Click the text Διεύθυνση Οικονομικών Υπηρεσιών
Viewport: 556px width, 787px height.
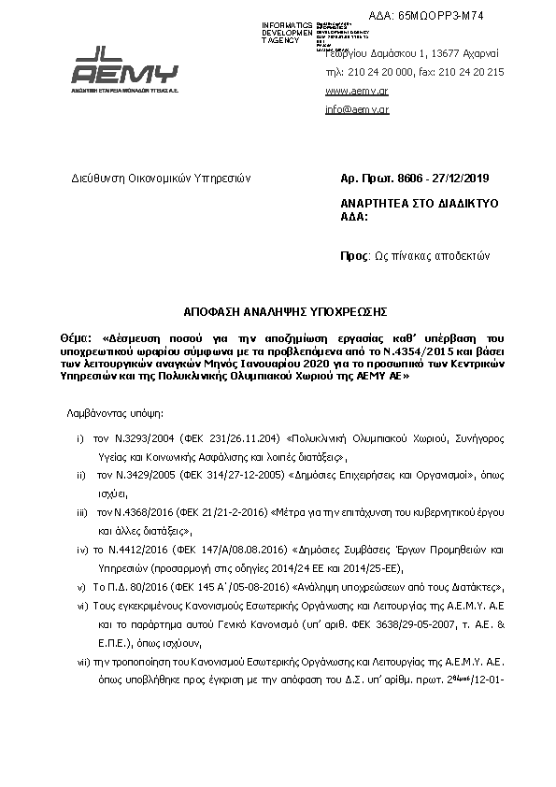coord(149,178)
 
